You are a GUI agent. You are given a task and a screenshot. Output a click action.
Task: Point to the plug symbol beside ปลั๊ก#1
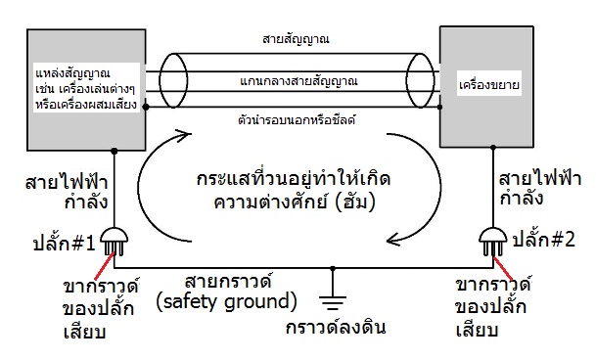[116, 237]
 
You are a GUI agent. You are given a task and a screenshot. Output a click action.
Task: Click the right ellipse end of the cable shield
[422, 83]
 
